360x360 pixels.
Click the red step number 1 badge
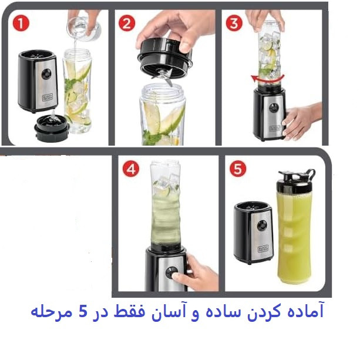[21, 23]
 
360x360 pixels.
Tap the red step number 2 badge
[127, 23]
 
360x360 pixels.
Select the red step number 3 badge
[234, 23]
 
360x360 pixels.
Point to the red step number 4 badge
[131, 169]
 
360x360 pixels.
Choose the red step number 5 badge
[238, 169]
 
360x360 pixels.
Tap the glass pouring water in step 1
[84, 29]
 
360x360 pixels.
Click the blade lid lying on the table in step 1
[52, 128]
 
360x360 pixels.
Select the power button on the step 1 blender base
[46, 74]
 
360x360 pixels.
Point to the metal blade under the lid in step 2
[166, 78]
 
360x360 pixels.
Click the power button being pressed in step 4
[171, 272]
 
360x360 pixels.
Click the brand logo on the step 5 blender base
[263, 249]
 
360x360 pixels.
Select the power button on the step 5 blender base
[262, 226]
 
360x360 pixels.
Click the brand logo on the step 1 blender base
[48, 97]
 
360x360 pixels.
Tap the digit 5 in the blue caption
[83, 312]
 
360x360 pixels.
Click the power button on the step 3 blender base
[274, 107]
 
